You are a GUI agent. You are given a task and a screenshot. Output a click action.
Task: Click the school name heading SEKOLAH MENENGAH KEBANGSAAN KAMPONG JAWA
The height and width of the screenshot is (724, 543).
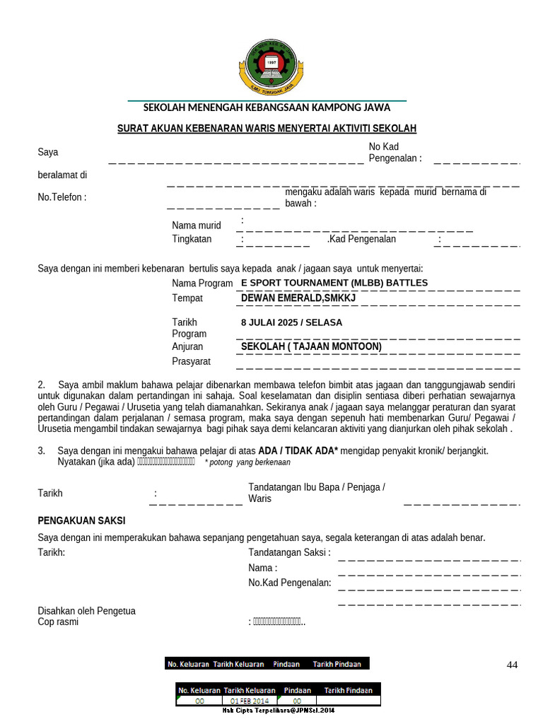(267, 108)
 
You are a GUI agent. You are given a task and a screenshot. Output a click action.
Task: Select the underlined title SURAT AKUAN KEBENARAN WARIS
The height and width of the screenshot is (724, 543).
(267, 128)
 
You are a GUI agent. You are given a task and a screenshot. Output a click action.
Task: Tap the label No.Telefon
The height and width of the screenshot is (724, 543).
(62, 197)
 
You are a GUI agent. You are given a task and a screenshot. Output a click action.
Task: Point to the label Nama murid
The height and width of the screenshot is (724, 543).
(197, 226)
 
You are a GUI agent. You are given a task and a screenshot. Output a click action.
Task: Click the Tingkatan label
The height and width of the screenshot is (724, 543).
(192, 239)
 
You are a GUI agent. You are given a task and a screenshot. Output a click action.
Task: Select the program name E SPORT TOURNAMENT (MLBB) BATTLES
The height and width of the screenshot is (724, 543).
(334, 283)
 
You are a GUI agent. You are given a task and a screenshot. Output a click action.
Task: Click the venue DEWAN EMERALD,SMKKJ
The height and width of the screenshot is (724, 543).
(298, 298)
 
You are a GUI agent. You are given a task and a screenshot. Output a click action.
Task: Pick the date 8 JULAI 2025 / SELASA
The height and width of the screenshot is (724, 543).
(291, 322)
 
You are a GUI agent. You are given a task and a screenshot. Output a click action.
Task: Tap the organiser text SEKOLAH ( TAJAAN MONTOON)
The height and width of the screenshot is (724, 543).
(311, 346)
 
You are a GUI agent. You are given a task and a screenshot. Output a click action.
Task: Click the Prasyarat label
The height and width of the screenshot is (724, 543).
(192, 362)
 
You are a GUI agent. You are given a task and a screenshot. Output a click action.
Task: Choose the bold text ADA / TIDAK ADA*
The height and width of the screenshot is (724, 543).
(298, 450)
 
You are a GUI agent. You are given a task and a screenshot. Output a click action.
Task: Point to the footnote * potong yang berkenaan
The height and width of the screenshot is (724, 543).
(247, 462)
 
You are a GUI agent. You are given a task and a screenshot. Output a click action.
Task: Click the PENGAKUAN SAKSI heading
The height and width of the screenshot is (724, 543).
(81, 520)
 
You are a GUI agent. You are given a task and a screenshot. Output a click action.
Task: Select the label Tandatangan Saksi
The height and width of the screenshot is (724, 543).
(289, 552)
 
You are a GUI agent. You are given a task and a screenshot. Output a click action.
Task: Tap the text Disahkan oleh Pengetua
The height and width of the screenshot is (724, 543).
(86, 611)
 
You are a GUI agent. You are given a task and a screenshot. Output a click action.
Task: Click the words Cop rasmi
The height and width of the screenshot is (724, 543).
(58, 622)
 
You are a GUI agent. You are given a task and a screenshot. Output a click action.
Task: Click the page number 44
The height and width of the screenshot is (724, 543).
(513, 665)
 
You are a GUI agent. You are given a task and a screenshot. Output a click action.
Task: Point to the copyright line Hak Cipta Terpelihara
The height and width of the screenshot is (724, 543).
(278, 710)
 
